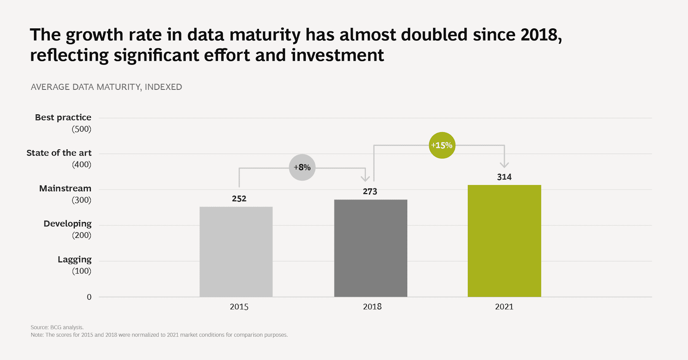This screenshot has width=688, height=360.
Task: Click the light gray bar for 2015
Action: (236, 252)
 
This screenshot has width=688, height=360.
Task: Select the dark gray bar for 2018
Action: (371, 248)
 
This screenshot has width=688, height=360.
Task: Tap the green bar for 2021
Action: (504, 241)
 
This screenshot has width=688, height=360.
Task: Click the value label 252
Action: (239, 199)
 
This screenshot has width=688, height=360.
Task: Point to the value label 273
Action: (370, 191)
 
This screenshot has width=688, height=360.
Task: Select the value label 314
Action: (504, 177)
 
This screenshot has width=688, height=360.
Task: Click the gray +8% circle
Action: (302, 167)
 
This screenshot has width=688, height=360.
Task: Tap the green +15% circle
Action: (442, 145)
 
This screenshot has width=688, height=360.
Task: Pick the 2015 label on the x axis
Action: (239, 307)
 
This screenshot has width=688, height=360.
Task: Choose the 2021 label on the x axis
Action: (504, 307)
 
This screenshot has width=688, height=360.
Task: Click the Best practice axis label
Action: (63, 117)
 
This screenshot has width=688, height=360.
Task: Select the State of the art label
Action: (59, 153)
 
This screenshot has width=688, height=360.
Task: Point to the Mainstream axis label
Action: (65, 188)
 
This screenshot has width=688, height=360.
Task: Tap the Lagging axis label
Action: (75, 259)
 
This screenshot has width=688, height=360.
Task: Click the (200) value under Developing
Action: (82, 235)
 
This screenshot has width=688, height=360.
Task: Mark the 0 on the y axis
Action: (89, 297)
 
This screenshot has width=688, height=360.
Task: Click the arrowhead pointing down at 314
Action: (504, 165)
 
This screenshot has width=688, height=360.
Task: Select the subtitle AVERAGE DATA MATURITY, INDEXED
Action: (106, 87)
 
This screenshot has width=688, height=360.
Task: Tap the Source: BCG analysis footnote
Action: (57, 327)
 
